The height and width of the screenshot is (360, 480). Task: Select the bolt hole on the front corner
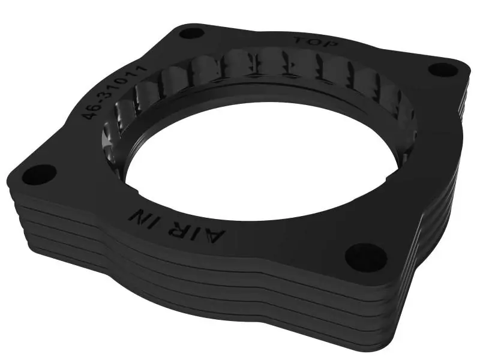(x=362, y=254)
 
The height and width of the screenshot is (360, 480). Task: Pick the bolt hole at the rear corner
(x=192, y=32)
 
